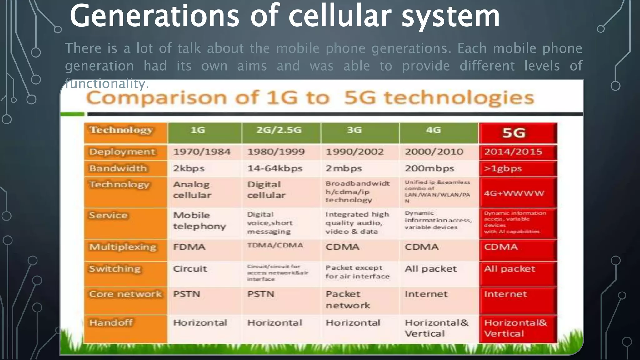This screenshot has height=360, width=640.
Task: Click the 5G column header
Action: pyautogui.click(x=514, y=133)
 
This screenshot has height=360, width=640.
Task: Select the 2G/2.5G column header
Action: pyautogui.click(x=279, y=130)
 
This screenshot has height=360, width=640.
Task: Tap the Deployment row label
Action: pyautogui.click(x=122, y=152)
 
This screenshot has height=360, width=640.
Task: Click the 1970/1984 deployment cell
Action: pyautogui.click(x=202, y=152)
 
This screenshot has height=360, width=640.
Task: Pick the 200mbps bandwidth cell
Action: pyautogui.click(x=429, y=168)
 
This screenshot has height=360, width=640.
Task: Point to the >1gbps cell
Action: pyautogui.click(x=503, y=168)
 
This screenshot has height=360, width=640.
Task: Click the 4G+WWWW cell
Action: pyautogui.click(x=514, y=193)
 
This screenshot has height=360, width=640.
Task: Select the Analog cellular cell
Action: pyautogui.click(x=192, y=190)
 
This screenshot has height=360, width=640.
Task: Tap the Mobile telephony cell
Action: pyautogui.click(x=199, y=221)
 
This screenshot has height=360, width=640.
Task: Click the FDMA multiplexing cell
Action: pyautogui.click(x=189, y=247)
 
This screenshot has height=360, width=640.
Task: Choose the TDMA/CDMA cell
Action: pyautogui.click(x=275, y=245)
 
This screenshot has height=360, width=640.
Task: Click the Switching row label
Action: pyautogui.click(x=115, y=269)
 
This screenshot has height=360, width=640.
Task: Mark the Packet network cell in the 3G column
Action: pyautogui.click(x=347, y=300)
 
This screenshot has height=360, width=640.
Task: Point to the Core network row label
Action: pyautogui.click(x=125, y=294)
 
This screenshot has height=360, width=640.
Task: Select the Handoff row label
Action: pyautogui.click(x=111, y=322)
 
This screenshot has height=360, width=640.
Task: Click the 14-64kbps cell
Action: pyautogui.click(x=275, y=168)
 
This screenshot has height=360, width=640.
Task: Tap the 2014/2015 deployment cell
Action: pyautogui.click(x=513, y=152)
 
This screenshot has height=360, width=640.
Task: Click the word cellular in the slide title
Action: pyautogui.click(x=340, y=16)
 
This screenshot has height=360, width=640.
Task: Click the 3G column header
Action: pyautogui.click(x=354, y=130)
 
